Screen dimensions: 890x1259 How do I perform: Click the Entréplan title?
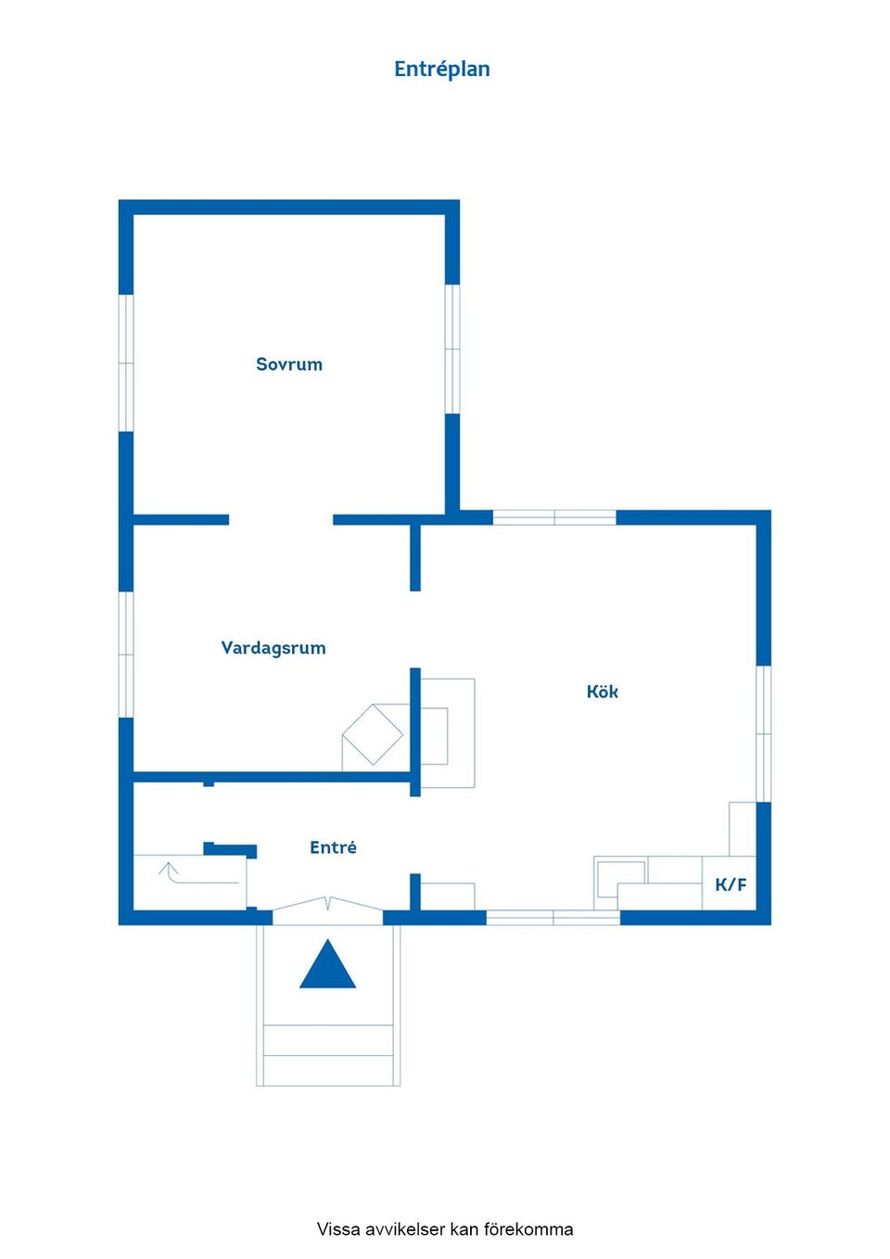pyautogui.click(x=441, y=70)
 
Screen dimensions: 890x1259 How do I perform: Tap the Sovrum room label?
pyautogui.click(x=289, y=364)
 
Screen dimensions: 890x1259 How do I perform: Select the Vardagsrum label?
pyautogui.click(x=273, y=648)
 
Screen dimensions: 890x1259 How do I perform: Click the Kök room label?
pyautogui.click(x=603, y=692)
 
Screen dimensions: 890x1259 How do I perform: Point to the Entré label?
pyautogui.click(x=333, y=847)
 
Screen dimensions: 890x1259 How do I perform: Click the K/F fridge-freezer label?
pyautogui.click(x=731, y=884)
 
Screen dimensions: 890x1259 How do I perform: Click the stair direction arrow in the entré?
pyautogui.click(x=199, y=874)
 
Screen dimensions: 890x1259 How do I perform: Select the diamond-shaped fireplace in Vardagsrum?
pyautogui.click(x=373, y=734)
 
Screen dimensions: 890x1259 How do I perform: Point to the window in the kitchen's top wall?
pyautogui.click(x=554, y=517)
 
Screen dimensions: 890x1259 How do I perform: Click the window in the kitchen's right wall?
pyautogui.click(x=763, y=733)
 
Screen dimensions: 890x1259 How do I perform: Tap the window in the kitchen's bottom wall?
pyautogui.click(x=553, y=917)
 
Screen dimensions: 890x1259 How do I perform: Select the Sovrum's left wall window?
pyautogui.click(x=126, y=363)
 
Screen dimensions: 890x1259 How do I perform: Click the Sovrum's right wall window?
pyautogui.click(x=452, y=349)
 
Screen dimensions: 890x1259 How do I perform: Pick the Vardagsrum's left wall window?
pyautogui.click(x=126, y=655)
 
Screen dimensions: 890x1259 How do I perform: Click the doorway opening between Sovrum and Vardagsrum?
pyautogui.click(x=281, y=520)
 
